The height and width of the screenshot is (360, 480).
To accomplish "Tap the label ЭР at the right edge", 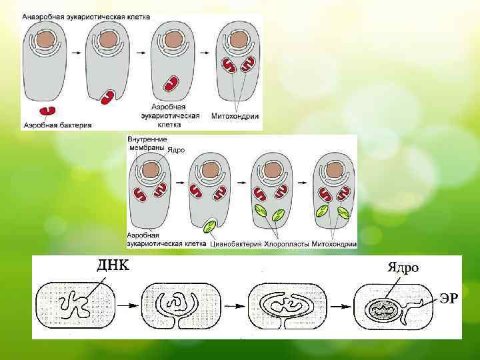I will (x=447, y=298).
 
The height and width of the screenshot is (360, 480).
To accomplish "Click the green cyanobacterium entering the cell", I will (x=211, y=226).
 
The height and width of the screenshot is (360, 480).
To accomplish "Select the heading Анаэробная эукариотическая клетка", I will (x=86, y=16).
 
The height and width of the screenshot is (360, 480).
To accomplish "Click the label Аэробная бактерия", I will (x=57, y=125).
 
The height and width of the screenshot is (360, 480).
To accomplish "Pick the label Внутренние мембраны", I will (x=147, y=143).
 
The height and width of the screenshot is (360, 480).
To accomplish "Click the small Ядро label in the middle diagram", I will (x=176, y=150).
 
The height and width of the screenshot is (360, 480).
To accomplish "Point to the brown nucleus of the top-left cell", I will (x=45, y=41).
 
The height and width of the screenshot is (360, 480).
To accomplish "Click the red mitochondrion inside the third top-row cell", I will (x=172, y=83).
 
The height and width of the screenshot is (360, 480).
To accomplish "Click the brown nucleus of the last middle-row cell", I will (x=334, y=170).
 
